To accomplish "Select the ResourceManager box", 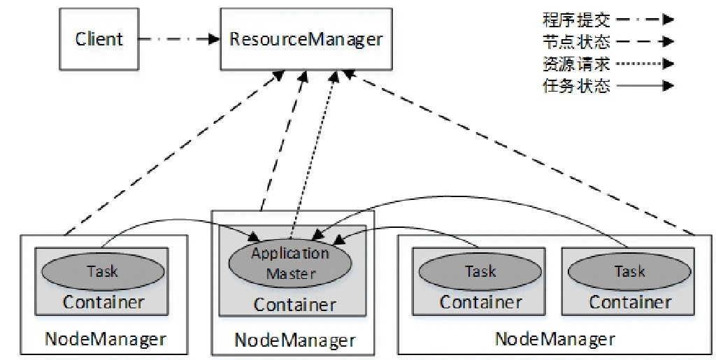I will click(306, 39).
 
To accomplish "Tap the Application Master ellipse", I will click(290, 263).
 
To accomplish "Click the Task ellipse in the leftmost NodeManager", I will click(102, 271).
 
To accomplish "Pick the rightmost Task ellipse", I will click(629, 271).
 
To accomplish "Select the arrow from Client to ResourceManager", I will click(179, 39).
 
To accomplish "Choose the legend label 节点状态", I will click(576, 41).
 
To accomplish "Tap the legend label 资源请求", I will click(576, 64).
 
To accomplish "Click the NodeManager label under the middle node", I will click(294, 340).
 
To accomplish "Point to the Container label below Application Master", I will click(294, 305).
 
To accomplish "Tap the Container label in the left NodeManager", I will click(103, 302).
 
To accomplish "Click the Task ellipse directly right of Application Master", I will click(480, 271).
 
